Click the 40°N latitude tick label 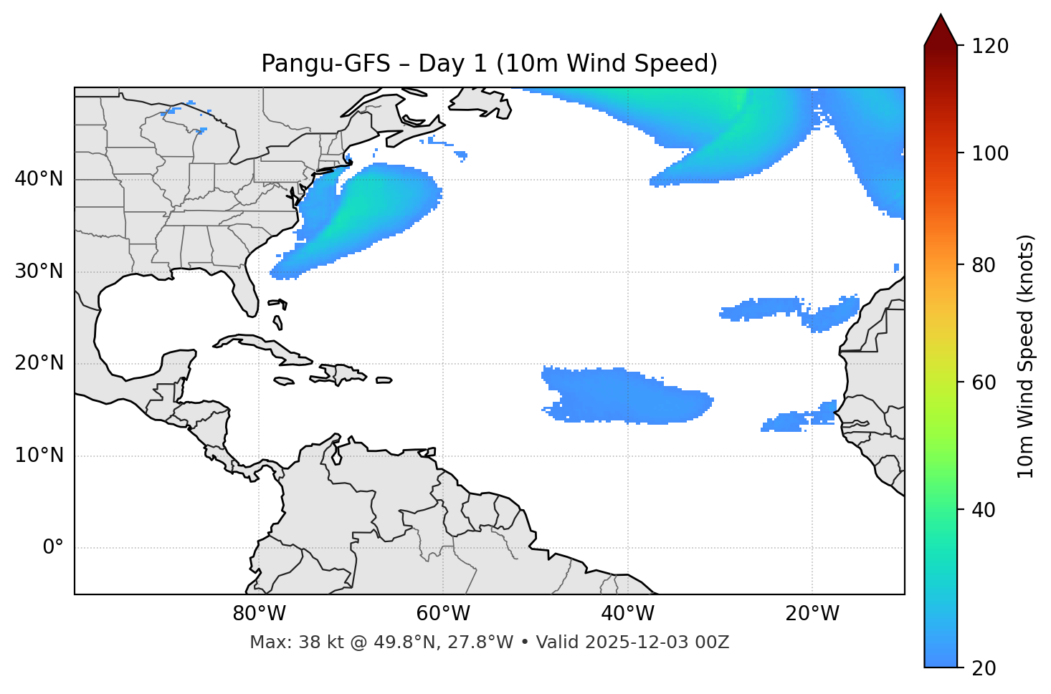[x=39, y=179]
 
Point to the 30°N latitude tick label [x=39, y=271]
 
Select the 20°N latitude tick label [x=39, y=363]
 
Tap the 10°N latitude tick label [x=39, y=456]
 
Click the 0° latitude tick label [x=53, y=548]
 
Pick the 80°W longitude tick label [x=259, y=614]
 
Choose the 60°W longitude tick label [x=443, y=614]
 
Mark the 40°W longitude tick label [x=627, y=614]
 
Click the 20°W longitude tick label [x=812, y=614]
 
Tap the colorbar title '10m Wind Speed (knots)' [x=1026, y=357]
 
